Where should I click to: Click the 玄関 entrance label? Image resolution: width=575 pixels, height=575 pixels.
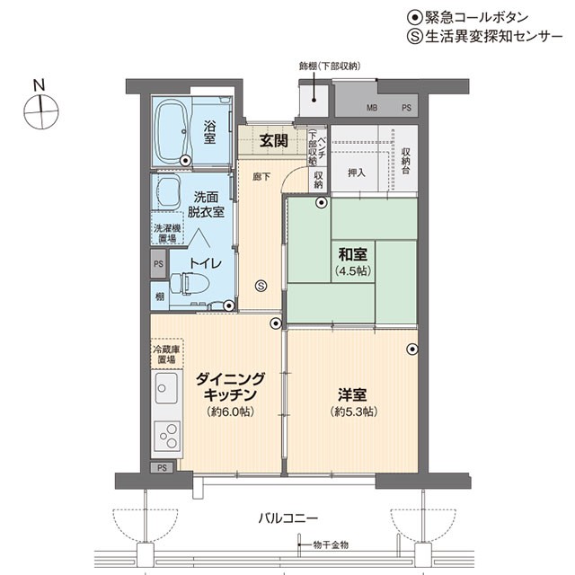[x=273, y=140]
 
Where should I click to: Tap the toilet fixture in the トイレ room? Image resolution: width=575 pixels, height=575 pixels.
[x=190, y=283]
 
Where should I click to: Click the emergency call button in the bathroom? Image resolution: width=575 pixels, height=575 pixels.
[x=186, y=160]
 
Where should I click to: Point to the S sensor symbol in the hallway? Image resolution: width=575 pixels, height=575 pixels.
[x=261, y=286]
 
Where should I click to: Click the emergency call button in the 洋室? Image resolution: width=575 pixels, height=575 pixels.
[x=412, y=349]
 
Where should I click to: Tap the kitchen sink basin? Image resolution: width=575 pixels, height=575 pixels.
[x=166, y=388]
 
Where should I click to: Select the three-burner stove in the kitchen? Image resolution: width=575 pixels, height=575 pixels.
[x=167, y=436]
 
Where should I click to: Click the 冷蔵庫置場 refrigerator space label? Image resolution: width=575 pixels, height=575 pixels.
[x=167, y=353]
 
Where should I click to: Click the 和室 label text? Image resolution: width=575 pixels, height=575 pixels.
[x=352, y=254]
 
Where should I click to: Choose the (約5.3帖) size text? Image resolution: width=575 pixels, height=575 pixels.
[x=353, y=411]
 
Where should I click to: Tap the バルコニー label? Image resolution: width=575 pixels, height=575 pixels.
[x=287, y=518]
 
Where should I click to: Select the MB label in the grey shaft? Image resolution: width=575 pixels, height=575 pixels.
[x=372, y=108]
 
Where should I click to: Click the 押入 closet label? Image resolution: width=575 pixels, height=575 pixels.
[x=357, y=172]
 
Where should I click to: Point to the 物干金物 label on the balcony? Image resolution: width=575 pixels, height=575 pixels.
[x=331, y=545]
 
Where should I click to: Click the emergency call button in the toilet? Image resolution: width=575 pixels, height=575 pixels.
[x=228, y=305]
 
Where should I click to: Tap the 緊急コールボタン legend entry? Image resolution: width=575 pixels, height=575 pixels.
[x=468, y=17]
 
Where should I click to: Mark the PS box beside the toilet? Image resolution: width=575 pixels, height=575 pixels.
[x=158, y=263]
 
